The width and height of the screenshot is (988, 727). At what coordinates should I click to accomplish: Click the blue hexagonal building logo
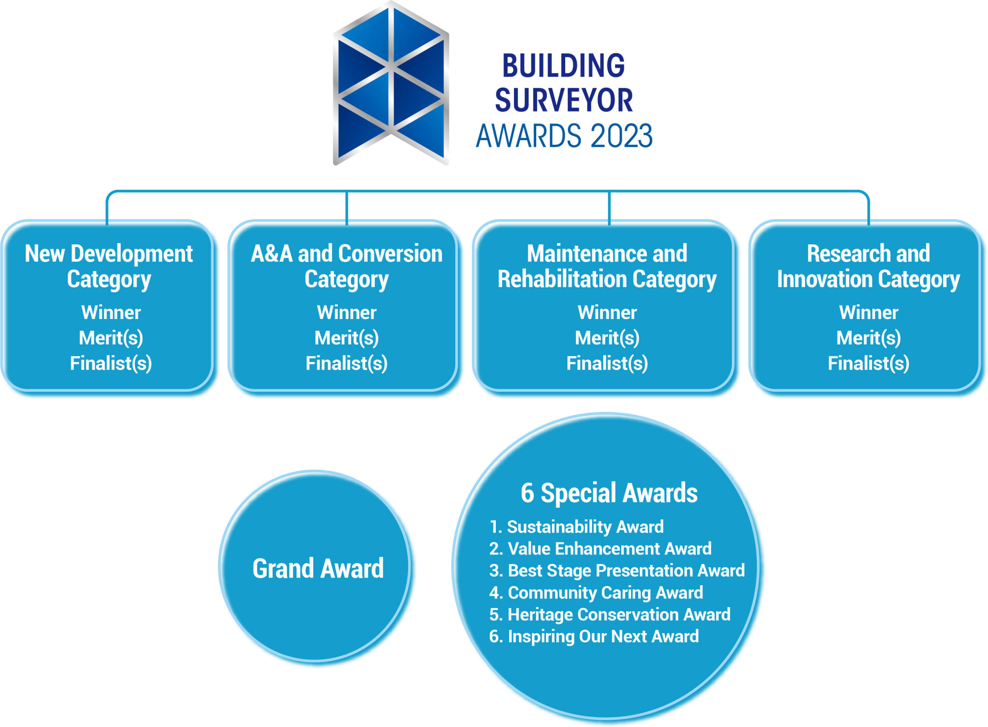(391, 83)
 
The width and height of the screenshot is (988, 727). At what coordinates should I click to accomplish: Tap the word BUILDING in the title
(563, 65)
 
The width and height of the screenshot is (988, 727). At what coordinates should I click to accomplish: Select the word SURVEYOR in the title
(563, 100)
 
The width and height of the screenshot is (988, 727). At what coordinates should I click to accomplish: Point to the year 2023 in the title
(621, 136)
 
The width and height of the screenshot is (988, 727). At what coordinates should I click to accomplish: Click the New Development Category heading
(109, 267)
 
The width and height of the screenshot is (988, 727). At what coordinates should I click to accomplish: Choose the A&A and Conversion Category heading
(347, 267)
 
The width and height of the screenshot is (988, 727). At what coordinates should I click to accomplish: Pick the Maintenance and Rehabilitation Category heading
(607, 267)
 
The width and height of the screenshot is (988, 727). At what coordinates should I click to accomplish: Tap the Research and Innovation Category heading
(868, 267)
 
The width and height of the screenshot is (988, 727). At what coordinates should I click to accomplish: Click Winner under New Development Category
(111, 312)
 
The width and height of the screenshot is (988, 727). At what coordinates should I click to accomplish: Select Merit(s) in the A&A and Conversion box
(347, 338)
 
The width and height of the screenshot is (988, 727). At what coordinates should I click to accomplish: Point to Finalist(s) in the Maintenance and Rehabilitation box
(607, 363)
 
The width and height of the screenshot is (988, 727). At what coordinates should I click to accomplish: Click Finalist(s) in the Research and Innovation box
(868, 363)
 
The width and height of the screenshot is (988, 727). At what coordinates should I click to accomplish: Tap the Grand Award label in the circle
(318, 569)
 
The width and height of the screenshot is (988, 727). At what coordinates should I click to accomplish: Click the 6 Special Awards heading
(609, 493)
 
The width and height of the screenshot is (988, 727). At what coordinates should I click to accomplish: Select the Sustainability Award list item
(576, 527)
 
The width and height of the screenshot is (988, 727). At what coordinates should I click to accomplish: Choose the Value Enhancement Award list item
(600, 549)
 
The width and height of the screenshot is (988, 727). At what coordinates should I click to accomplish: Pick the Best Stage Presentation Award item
(617, 570)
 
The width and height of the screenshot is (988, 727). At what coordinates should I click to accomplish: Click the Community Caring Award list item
(596, 593)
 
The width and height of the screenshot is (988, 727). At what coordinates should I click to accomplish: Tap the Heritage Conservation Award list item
(610, 614)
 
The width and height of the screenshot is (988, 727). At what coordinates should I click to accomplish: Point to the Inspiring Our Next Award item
(594, 636)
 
